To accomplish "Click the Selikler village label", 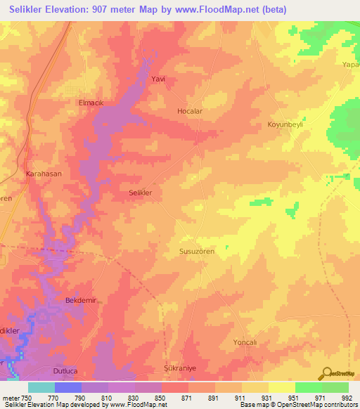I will click(x=141, y=192).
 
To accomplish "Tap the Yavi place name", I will click(x=158, y=79).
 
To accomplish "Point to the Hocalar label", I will click(x=189, y=112).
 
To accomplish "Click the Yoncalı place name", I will click(x=246, y=342).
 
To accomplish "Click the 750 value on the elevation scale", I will click(x=22, y=397).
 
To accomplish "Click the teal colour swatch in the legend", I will click(x=41, y=387).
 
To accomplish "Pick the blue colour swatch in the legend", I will click(x=68, y=387).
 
